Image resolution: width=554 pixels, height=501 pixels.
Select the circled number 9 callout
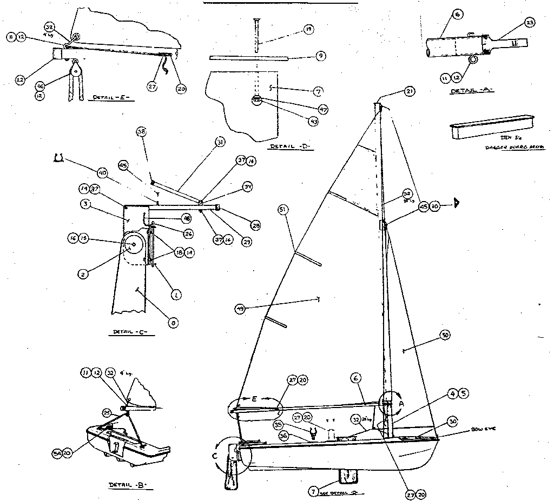click(320, 55)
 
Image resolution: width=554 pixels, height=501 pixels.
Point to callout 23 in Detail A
click(529, 22)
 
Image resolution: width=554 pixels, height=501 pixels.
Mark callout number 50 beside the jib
click(445, 336)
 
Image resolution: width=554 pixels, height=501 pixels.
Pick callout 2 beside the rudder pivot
click(83, 274)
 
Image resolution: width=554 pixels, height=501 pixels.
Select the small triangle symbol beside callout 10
click(456, 204)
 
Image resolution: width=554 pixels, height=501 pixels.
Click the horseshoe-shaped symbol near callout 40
click(59, 157)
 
